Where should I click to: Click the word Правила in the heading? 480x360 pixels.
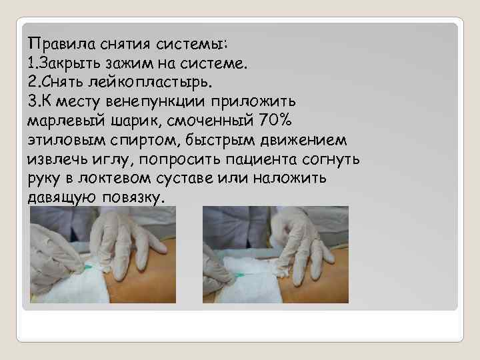[61, 44]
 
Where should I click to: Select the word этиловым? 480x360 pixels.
[59, 141]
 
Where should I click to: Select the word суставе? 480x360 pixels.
[201, 180]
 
